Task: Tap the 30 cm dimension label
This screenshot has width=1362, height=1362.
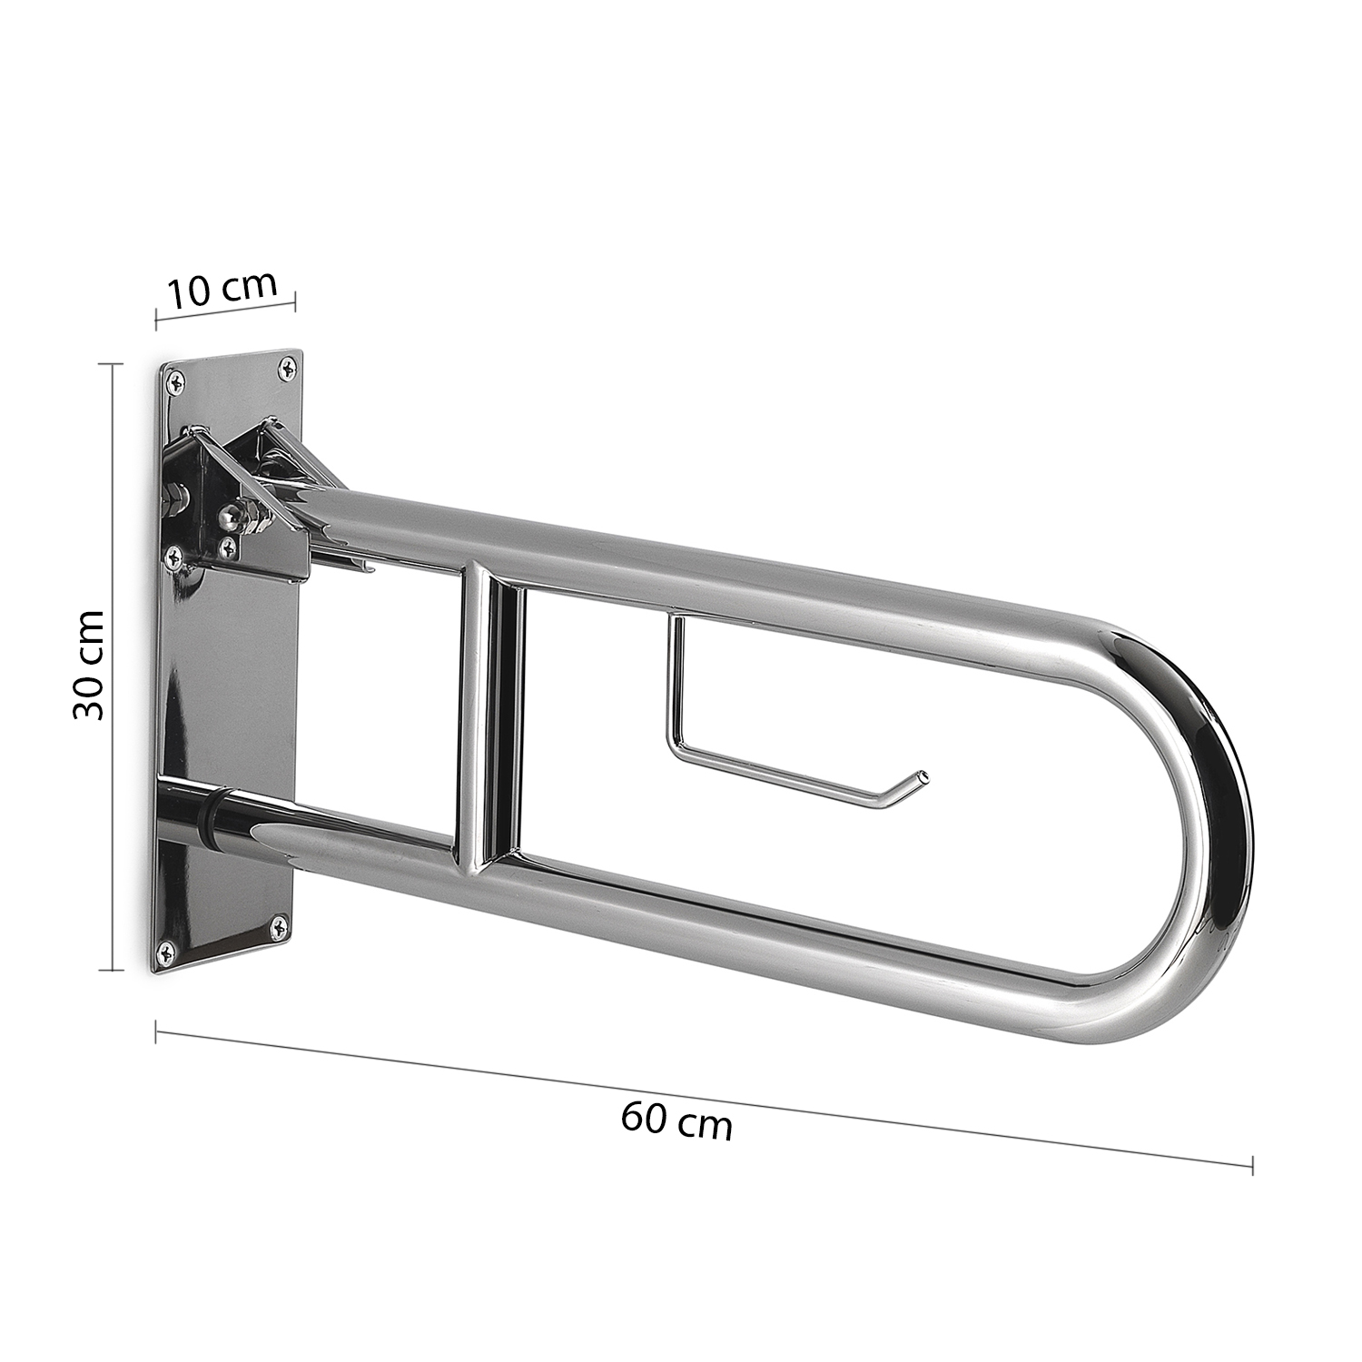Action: pos(88,666)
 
